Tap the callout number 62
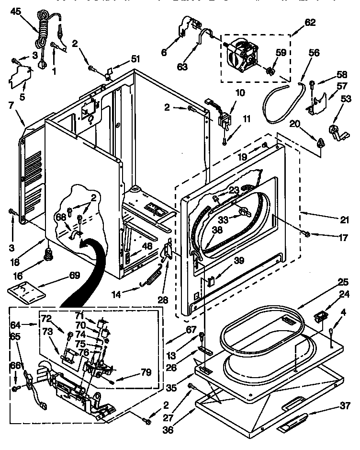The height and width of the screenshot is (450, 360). tap(310, 22)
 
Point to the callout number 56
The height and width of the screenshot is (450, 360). tap(314, 54)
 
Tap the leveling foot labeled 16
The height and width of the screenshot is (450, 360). tap(48, 254)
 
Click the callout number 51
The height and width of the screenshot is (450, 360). tap(135, 59)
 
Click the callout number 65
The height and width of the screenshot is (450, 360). tap(15, 336)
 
